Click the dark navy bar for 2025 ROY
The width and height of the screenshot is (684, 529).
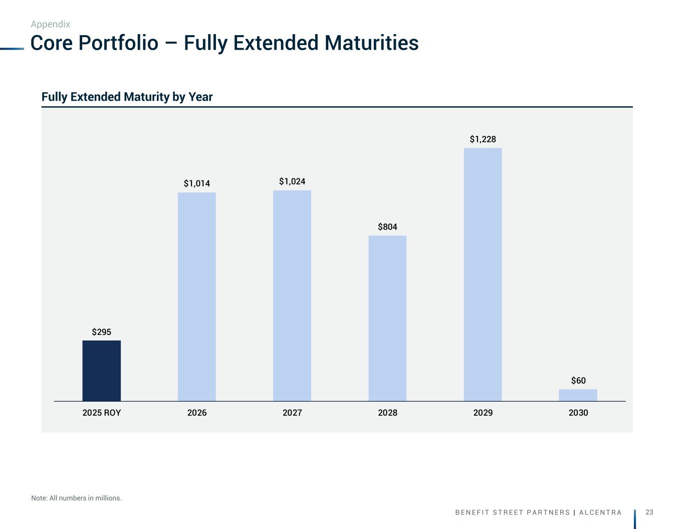(x=102, y=371)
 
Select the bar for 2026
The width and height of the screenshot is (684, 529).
(x=197, y=296)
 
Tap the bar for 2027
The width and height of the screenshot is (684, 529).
(x=292, y=295)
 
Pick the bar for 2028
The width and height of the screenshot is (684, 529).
(x=387, y=318)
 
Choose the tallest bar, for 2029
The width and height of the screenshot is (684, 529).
(x=483, y=274)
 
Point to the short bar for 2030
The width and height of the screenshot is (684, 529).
(x=578, y=395)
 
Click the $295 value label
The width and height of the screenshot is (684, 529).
(x=102, y=332)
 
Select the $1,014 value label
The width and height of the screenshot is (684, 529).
(x=197, y=184)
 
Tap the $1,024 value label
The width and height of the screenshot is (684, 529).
(x=292, y=181)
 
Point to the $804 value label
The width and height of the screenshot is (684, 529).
(x=387, y=227)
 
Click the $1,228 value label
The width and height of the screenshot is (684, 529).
(x=483, y=139)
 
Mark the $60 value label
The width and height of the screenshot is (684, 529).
(x=578, y=381)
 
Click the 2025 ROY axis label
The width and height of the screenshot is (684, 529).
(x=102, y=413)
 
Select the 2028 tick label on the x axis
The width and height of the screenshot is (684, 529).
(x=387, y=413)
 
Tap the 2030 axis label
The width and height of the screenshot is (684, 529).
(x=578, y=413)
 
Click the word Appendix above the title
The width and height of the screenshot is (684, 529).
(x=51, y=24)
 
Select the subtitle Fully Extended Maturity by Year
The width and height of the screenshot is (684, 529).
(x=127, y=97)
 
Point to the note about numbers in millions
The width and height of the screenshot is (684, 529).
(x=76, y=498)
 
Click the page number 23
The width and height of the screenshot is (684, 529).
(x=649, y=512)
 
